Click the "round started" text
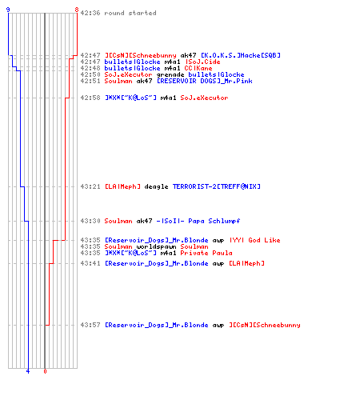pos(130,13)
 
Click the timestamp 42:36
pos(90,13)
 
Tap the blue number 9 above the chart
pos(8,10)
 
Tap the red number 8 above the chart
pos(77,10)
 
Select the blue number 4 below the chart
pos(28,371)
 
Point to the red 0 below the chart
pos(45,371)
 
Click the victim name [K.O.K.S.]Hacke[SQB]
pos(241,55)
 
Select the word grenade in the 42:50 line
pos(170,74)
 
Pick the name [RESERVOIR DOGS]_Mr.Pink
pos(204,81)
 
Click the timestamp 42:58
pos(90,98)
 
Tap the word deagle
pos(156,186)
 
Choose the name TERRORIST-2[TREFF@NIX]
pos(216,186)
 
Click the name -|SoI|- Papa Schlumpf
pos(198,221)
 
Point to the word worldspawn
pos(156,246)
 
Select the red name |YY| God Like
pos(254,240)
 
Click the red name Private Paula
pos(206,253)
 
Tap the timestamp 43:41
pos(90,263)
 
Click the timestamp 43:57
pos(90,325)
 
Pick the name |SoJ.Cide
pos(202,62)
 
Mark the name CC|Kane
pos(198,68)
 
